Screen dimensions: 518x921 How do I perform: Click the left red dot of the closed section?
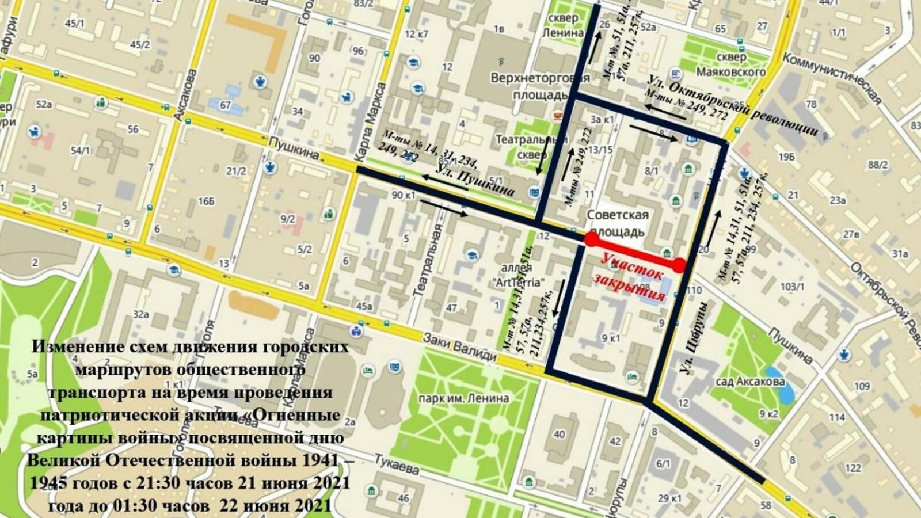[591, 239]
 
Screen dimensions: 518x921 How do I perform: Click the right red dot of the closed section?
[679, 265]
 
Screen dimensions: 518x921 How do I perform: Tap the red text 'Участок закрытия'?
[630, 277]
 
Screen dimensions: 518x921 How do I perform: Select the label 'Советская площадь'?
[617, 223]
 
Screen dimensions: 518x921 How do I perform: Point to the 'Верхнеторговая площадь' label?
[539, 86]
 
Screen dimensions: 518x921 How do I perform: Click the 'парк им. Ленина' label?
[463, 398]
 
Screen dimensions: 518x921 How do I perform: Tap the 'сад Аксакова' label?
[750, 382]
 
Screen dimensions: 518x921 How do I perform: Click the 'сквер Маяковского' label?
[731, 64]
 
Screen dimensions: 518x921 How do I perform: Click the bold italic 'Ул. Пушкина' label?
[475, 181]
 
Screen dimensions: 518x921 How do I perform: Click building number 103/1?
[791, 286]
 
